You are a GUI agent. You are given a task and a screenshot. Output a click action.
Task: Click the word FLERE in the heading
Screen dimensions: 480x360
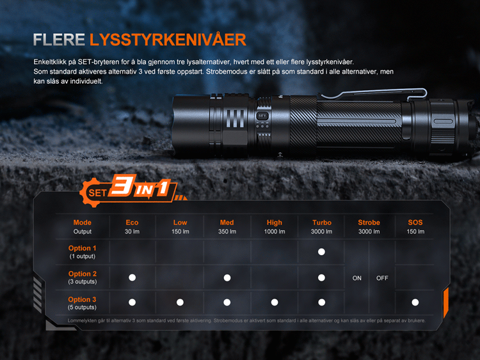point(59,40)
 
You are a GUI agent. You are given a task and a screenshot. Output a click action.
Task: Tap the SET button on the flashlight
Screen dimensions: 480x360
point(262,116)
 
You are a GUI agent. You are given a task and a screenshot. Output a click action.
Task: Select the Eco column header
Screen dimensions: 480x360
point(132,223)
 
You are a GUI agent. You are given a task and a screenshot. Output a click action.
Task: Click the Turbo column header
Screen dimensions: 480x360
point(322,223)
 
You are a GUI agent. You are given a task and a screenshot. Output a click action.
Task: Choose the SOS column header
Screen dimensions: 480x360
point(415,223)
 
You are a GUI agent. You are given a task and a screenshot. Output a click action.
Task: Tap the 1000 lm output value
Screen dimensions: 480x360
point(275,231)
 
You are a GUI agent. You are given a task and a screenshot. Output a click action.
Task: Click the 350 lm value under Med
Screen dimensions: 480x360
point(227,231)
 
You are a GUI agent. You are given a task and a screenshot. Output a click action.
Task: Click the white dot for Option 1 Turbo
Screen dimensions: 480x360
point(321,252)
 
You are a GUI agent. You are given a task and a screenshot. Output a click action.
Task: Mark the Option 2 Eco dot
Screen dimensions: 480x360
point(132,278)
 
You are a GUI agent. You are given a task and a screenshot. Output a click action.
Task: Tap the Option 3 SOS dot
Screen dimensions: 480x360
point(415,302)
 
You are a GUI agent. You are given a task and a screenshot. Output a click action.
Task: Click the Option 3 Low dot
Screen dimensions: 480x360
point(180,302)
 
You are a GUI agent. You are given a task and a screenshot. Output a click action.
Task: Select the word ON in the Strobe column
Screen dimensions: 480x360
point(357,278)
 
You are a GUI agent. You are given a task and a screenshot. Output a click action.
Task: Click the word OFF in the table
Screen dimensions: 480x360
point(382,278)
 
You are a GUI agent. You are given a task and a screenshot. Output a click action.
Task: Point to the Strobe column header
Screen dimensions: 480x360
point(369,223)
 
